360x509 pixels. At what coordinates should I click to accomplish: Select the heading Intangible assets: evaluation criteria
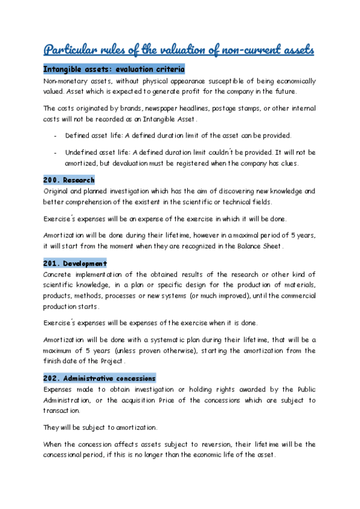point(114,70)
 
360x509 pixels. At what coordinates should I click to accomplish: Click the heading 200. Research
point(69,180)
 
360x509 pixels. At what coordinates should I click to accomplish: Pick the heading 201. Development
point(75,264)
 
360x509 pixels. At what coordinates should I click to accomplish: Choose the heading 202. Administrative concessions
point(100,379)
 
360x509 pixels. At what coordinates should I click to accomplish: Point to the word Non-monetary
point(64,81)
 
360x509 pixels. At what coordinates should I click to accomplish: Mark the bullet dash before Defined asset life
point(55,136)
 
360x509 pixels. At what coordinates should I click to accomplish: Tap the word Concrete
point(58,275)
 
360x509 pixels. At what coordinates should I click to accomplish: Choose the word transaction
point(62,412)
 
